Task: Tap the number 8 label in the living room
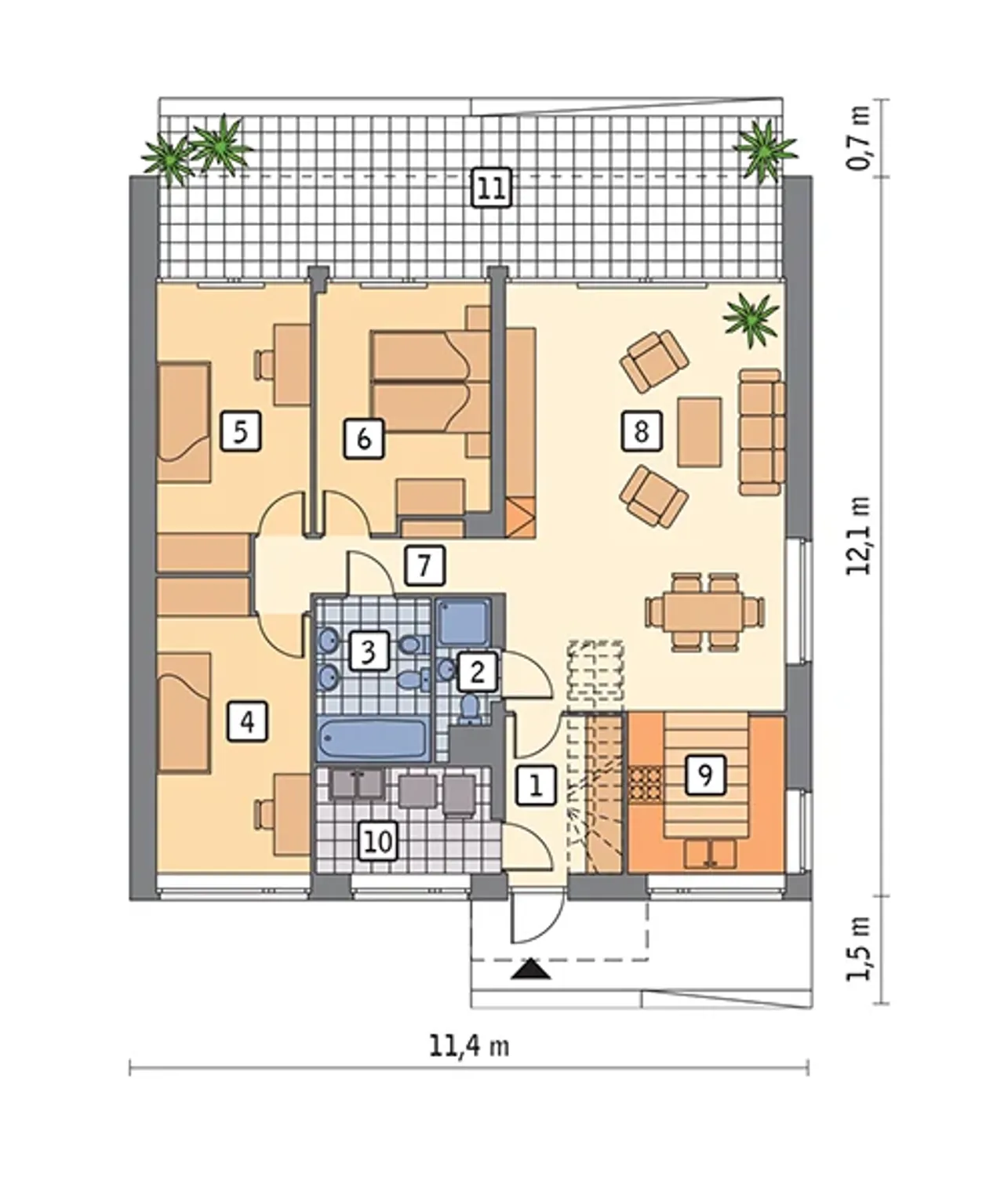(642, 430)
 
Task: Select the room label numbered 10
(379, 841)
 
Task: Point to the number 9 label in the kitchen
(706, 775)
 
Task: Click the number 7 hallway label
(424, 565)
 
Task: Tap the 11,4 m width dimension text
(469, 1047)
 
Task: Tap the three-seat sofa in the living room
(761, 431)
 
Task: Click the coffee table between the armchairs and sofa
(700, 432)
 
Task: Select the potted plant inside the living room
(751, 320)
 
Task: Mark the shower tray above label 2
(463, 622)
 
